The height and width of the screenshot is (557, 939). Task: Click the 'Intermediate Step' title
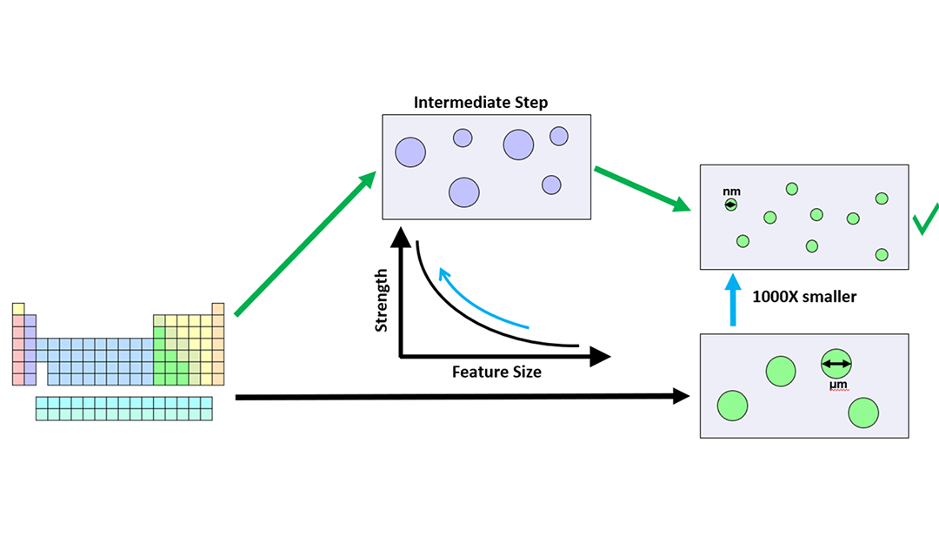(x=481, y=103)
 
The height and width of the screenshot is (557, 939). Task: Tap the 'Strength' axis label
(x=381, y=300)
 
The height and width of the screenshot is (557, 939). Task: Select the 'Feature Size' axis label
(x=496, y=372)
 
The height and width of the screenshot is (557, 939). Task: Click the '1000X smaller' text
(x=804, y=297)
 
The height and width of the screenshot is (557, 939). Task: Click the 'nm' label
(x=731, y=191)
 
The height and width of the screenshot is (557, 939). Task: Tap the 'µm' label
(x=837, y=384)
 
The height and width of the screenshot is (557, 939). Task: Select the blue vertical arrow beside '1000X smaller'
(x=733, y=300)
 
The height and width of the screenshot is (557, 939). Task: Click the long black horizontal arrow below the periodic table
(x=461, y=397)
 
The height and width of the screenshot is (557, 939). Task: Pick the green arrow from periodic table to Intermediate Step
(x=304, y=244)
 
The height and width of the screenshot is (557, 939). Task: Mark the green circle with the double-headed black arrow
(x=836, y=364)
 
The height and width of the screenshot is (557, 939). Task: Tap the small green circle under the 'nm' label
(x=731, y=205)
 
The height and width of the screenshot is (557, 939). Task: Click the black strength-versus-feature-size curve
(x=461, y=314)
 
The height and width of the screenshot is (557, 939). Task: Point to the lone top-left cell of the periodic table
(x=18, y=308)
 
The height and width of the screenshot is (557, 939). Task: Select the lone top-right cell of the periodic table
(x=218, y=308)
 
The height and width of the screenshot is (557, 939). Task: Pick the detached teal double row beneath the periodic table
(x=124, y=408)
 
